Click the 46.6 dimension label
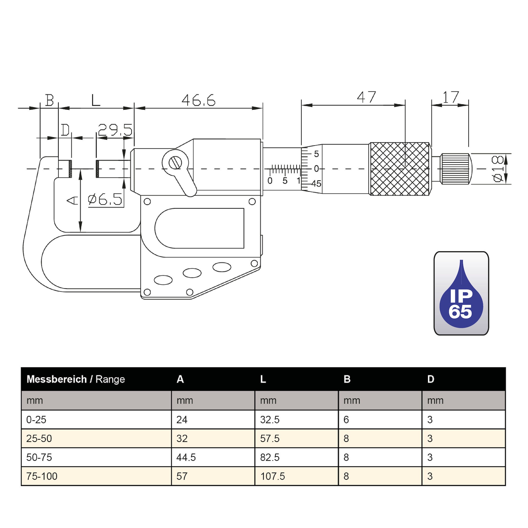point(199,100)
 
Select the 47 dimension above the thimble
point(366,97)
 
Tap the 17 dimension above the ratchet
point(451,97)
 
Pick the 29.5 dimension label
point(115,130)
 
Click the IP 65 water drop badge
point(461,293)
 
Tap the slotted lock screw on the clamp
point(175,163)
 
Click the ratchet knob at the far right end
point(455,169)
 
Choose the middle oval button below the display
point(192,273)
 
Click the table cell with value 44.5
point(186,457)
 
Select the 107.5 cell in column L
point(272,476)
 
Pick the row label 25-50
point(39,438)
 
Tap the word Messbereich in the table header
point(56,379)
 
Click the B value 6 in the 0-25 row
point(346,419)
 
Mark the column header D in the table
point(430,379)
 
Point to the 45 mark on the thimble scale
point(316,184)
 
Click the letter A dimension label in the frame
point(72,201)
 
